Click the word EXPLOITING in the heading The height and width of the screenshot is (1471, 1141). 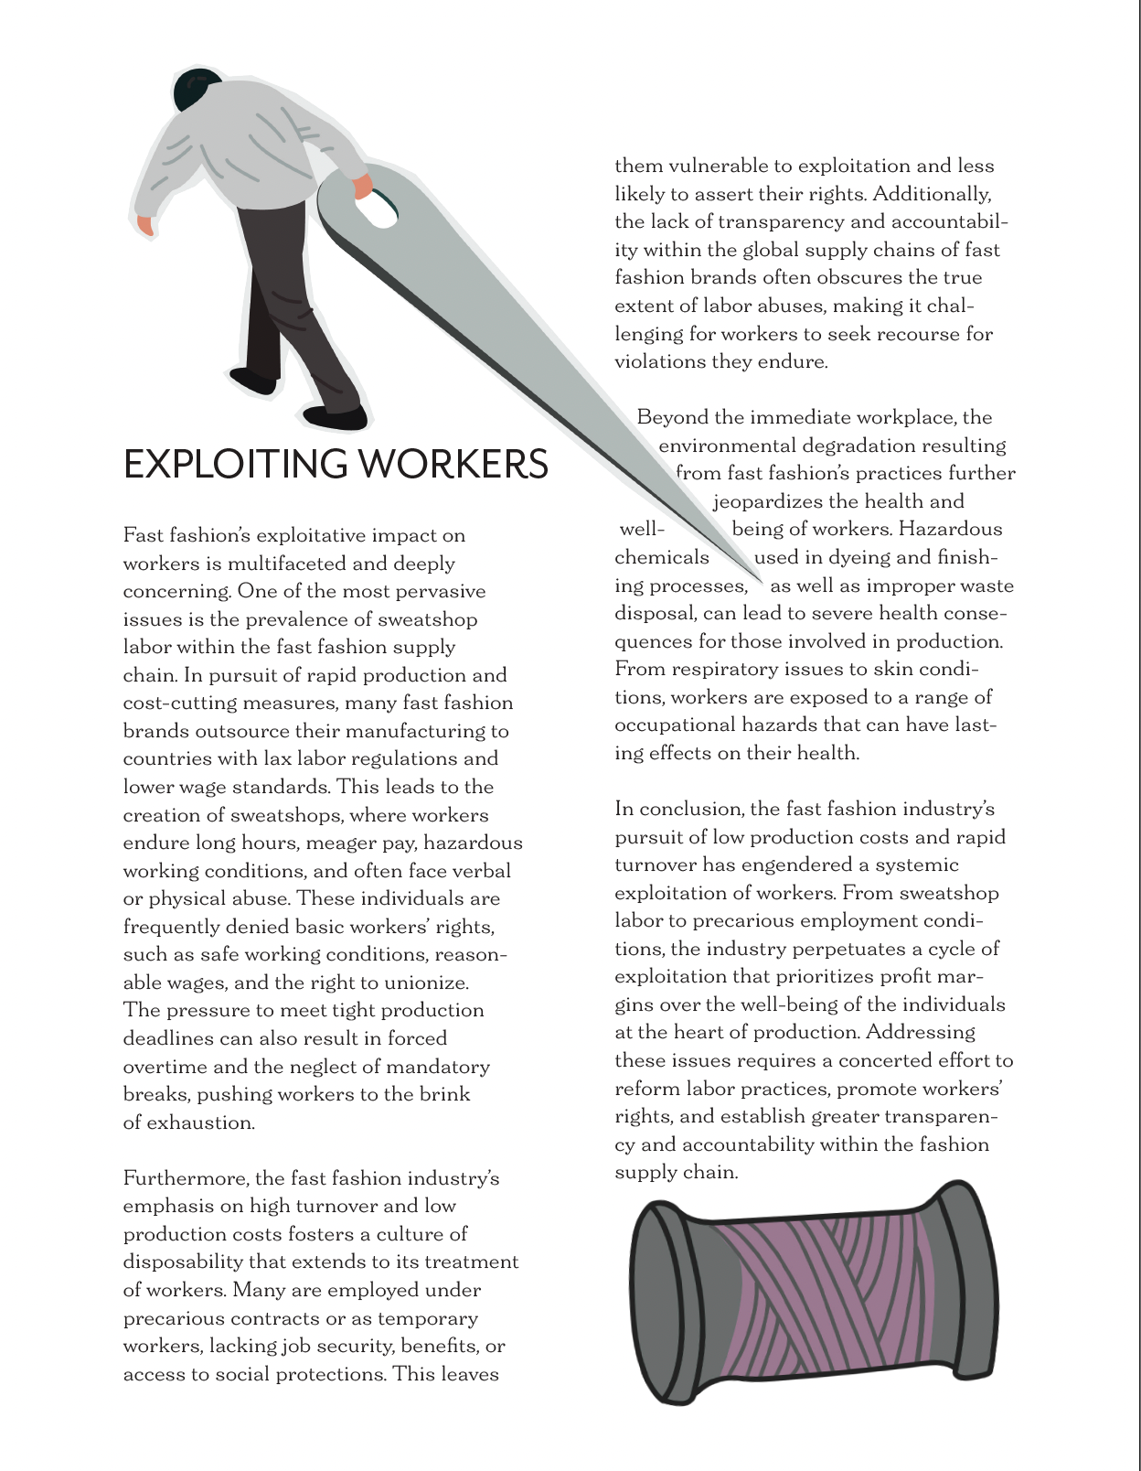235,464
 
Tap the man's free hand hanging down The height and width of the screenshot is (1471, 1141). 144,225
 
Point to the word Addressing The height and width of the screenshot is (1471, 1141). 921,1033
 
